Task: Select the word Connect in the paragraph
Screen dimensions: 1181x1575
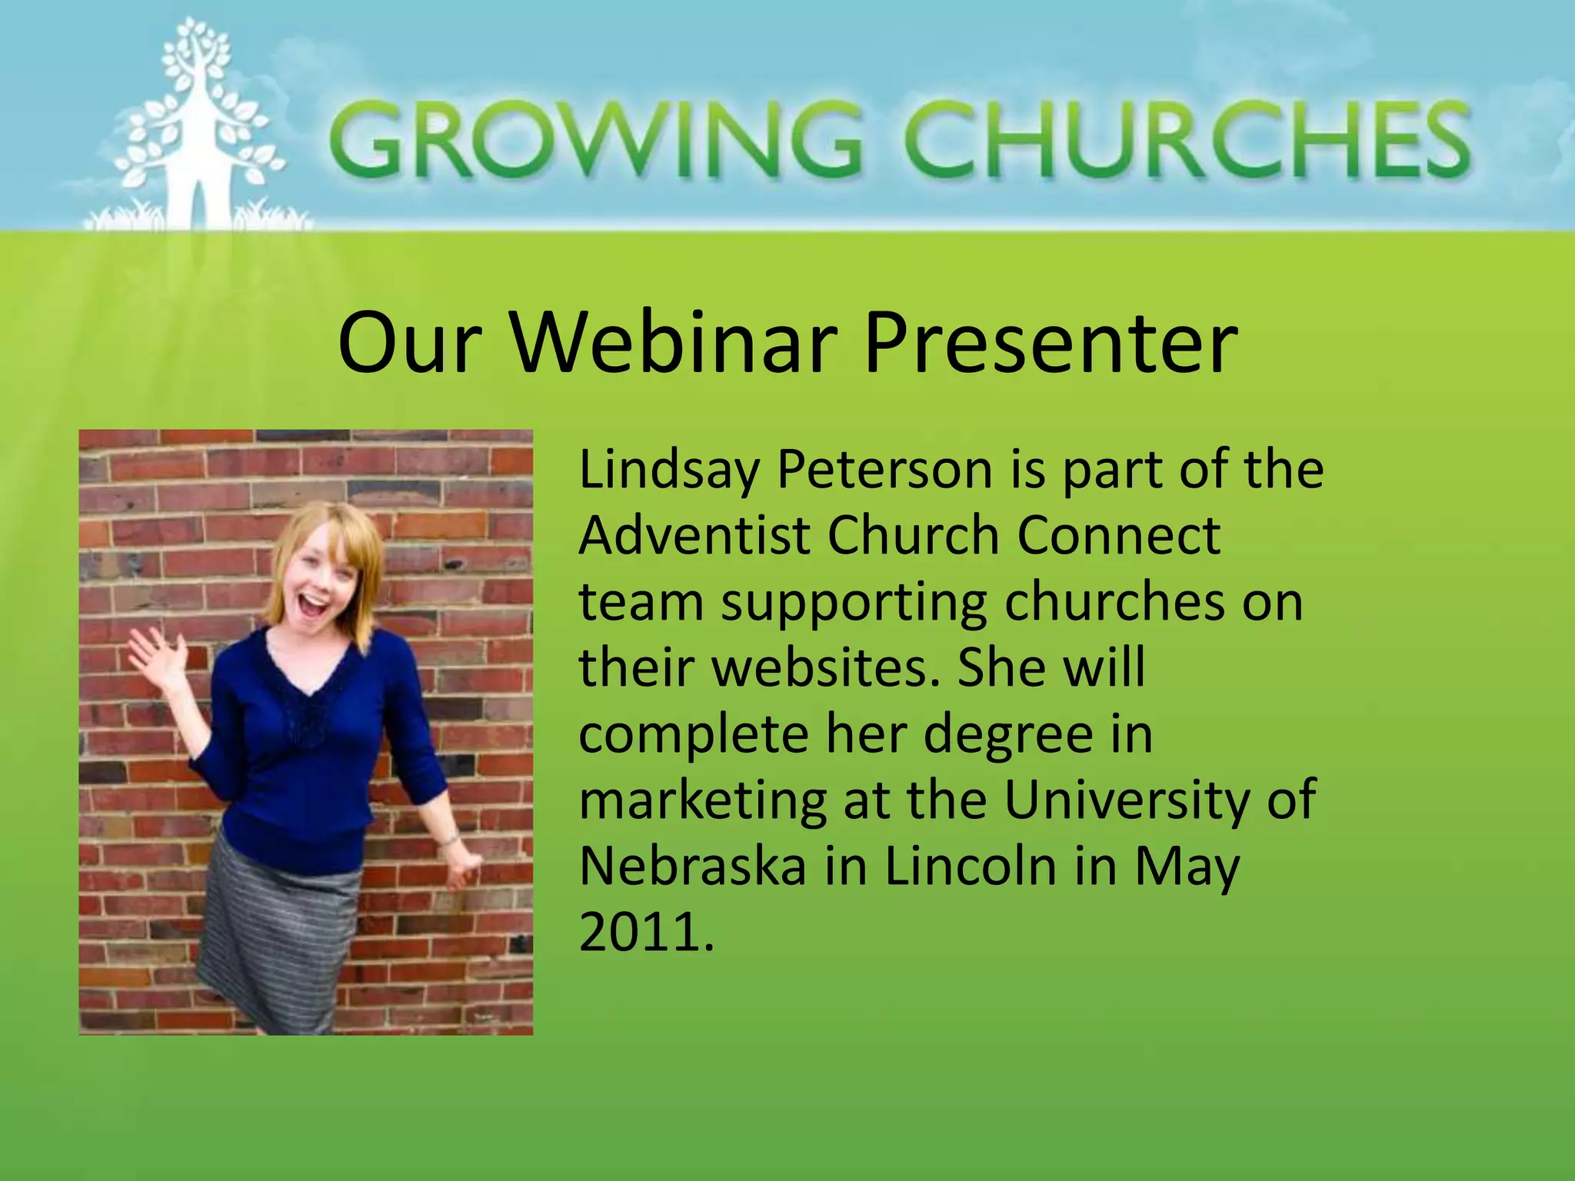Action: tap(1119, 535)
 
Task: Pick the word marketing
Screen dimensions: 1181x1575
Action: tap(701, 801)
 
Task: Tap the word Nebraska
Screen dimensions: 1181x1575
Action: tap(693, 867)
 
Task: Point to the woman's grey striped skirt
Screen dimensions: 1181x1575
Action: tap(277, 938)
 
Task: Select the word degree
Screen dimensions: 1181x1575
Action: tap(1007, 734)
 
